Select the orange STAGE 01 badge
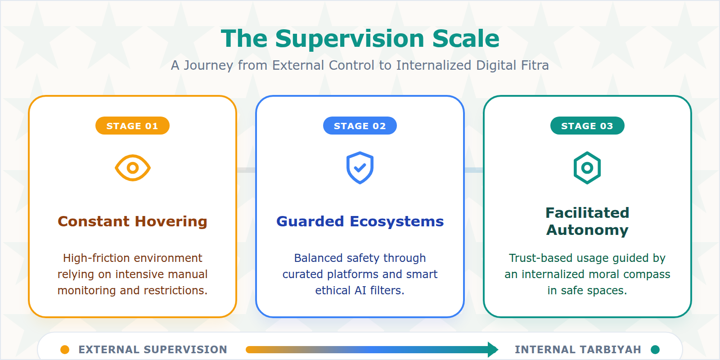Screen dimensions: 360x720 pos(132,126)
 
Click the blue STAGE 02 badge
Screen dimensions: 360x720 pos(360,126)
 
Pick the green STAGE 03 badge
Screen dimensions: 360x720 pos(587,126)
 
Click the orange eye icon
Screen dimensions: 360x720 pos(132,168)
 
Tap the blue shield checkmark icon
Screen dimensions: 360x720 pos(360,168)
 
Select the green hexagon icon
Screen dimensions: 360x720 pos(587,168)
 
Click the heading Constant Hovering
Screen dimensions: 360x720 pos(132,221)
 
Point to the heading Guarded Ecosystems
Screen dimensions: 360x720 pos(360,221)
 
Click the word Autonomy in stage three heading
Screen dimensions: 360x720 pos(587,230)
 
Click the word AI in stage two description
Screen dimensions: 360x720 pos(360,291)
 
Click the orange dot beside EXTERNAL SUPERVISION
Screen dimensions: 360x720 pos(65,350)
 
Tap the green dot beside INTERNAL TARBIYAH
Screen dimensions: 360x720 pos(655,350)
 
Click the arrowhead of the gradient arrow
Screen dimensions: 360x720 pos(493,350)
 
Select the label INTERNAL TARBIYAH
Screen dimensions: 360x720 pos(577,350)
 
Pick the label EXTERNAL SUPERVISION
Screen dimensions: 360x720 pos(153,350)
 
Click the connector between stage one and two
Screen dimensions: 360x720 pos(246,170)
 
